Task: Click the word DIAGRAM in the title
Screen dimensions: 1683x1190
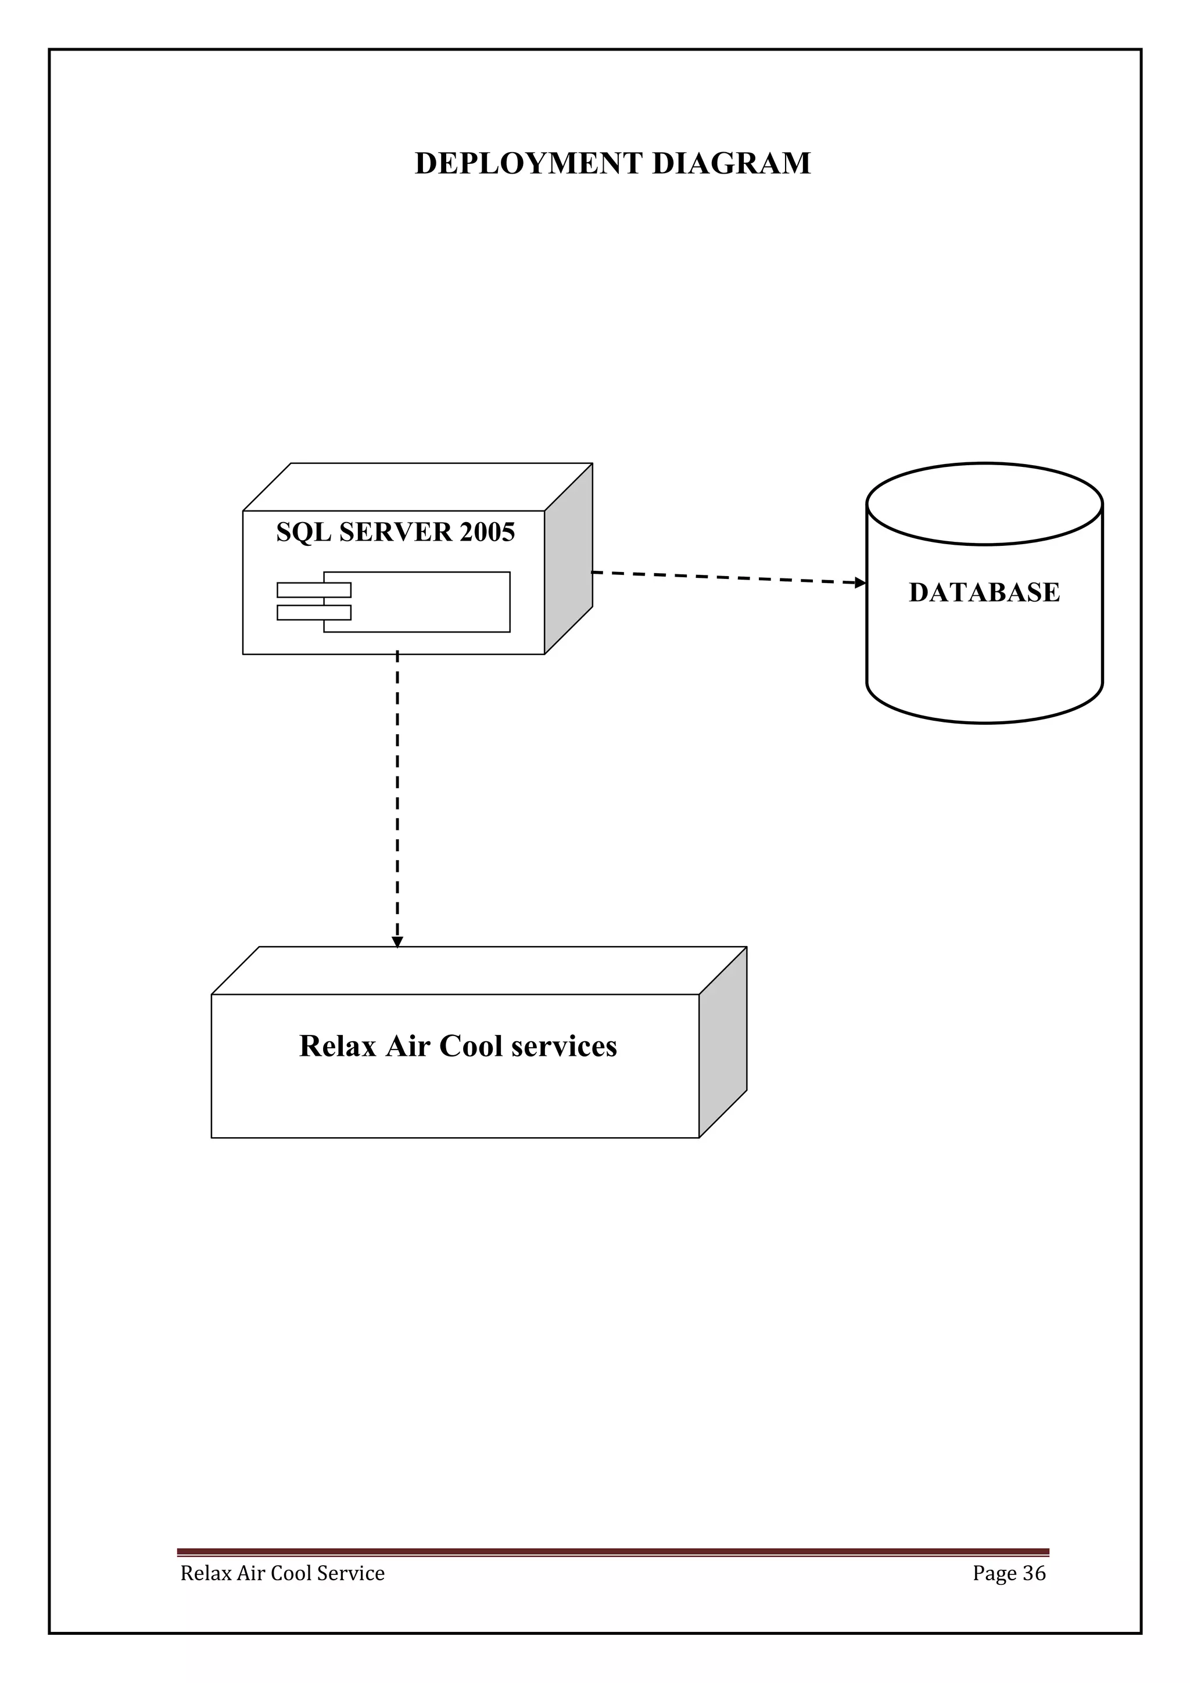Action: pyautogui.click(x=731, y=163)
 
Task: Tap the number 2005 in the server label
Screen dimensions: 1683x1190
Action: pyautogui.click(x=487, y=532)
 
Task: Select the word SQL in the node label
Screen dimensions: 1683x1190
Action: pyautogui.click(x=303, y=532)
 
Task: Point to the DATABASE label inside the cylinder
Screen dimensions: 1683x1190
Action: pyautogui.click(x=984, y=592)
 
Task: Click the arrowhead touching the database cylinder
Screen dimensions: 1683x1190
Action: pyautogui.click(x=861, y=582)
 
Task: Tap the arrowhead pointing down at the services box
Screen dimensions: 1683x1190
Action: pyautogui.click(x=397, y=942)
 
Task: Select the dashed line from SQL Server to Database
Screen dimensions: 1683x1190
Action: pyautogui.click(x=726, y=578)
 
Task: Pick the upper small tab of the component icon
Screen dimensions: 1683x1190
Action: pyautogui.click(x=314, y=590)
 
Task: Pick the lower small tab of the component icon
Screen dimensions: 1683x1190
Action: pyautogui.click(x=314, y=613)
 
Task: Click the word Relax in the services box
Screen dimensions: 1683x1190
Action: pyautogui.click(x=337, y=1047)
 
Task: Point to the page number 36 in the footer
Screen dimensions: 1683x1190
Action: pyautogui.click(x=1034, y=1574)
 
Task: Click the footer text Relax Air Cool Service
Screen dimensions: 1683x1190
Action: pyautogui.click(x=282, y=1574)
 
